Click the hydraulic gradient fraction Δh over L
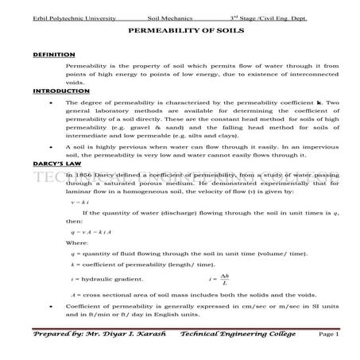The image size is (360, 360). point(225,279)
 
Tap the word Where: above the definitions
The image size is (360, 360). point(76,242)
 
